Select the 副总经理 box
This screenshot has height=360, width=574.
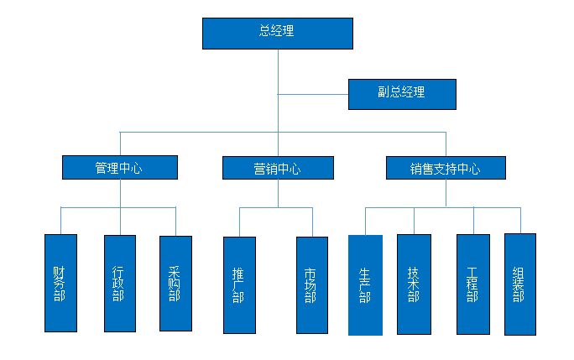402,94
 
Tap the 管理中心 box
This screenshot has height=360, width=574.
120,168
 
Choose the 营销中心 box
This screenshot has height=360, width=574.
278,168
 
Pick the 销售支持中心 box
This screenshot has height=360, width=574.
446,168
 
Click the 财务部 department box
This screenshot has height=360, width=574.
60,283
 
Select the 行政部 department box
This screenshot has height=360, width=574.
119,283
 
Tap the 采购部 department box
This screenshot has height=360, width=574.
175,283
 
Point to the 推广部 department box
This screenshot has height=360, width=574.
239,285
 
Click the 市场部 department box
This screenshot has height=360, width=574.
312,285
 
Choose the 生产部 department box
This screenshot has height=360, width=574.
365,285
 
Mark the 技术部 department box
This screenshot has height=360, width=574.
414,284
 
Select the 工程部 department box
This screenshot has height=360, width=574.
472,284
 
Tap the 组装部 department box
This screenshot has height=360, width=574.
519,284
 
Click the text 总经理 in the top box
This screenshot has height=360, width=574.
277,32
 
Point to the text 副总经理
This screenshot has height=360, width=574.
402,92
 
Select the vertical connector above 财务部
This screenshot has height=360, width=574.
60,220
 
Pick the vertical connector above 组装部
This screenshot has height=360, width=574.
519,219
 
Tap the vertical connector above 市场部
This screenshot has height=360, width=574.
312,222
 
